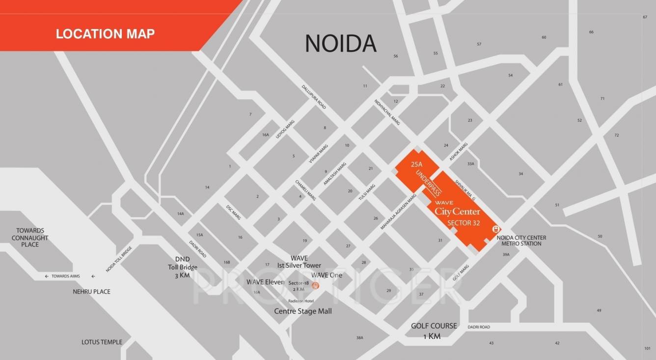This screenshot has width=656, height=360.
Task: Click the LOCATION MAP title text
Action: pos(105,34)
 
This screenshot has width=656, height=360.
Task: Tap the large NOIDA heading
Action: pos(340,44)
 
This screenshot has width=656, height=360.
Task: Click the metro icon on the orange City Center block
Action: pos(496,228)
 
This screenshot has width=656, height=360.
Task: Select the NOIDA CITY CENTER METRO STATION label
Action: pos(521,241)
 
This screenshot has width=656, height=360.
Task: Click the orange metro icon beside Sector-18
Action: pos(316,285)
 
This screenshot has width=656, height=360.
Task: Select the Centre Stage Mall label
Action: pos(302,311)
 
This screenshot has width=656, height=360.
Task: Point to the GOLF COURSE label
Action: pos(434,326)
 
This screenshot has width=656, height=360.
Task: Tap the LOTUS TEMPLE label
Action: pos(102,342)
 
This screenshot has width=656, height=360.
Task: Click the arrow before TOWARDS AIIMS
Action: pos(47,277)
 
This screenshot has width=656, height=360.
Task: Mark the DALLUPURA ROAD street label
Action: pos(314,97)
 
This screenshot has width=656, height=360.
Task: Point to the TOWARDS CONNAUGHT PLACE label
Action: pos(30,238)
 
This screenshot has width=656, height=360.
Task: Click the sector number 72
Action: pos(617,135)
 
